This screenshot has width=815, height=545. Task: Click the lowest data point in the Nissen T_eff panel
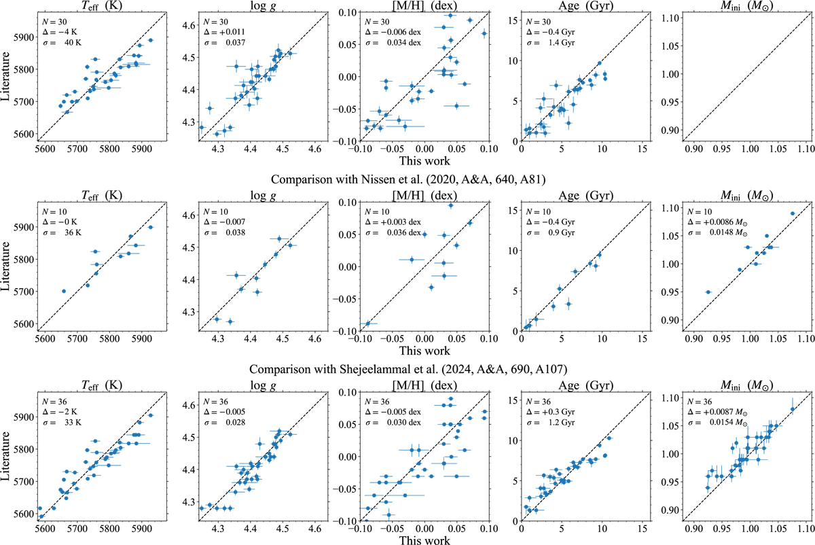[x=64, y=291]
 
